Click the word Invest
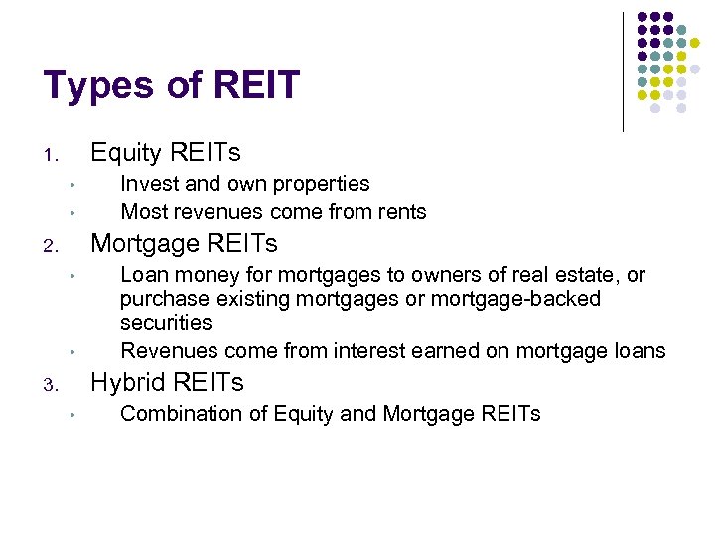(x=149, y=184)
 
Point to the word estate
(x=584, y=275)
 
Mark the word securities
(x=166, y=323)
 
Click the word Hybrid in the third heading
(x=128, y=383)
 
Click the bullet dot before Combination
(x=74, y=416)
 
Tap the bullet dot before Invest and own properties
(x=74, y=186)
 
